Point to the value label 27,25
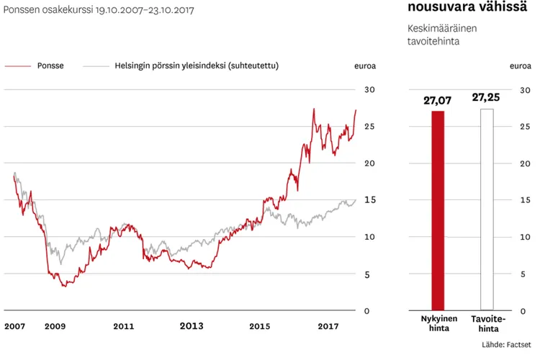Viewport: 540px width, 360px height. [x=486, y=97]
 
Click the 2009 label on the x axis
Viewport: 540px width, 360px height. [x=55, y=326]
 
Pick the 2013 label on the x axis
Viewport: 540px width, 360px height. [x=191, y=326]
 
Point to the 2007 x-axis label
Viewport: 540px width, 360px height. [x=14, y=326]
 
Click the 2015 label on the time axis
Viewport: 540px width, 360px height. [x=259, y=326]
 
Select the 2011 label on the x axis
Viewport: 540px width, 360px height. [x=123, y=326]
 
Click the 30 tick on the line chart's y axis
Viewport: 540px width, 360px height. [x=370, y=89]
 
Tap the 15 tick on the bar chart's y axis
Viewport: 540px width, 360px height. [x=524, y=200]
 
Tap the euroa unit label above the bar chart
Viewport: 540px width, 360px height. [x=521, y=66]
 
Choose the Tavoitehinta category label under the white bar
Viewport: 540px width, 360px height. [x=487, y=323]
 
